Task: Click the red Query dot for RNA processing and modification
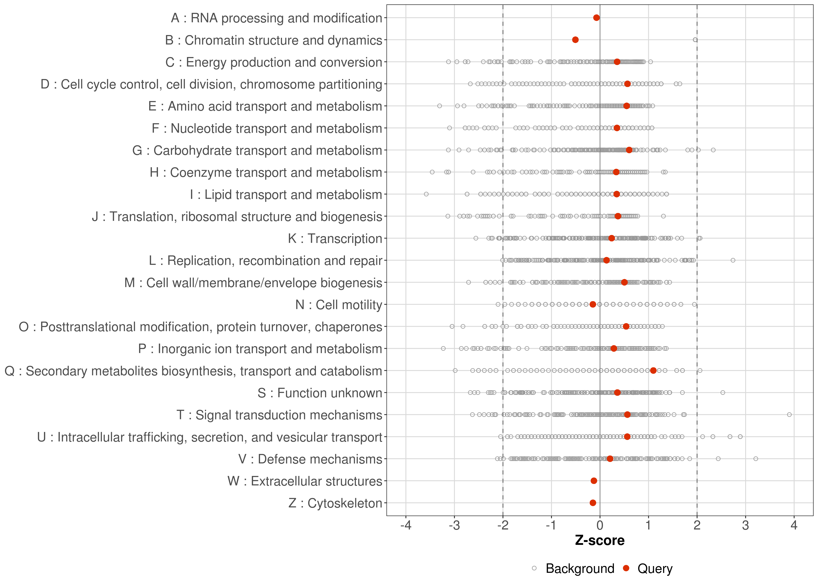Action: point(596,18)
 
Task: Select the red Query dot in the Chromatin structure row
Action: point(575,40)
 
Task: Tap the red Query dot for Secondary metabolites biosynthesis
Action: point(653,370)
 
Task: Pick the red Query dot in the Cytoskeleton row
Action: point(593,503)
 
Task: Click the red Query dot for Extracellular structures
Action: point(594,481)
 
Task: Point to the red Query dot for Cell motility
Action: point(593,304)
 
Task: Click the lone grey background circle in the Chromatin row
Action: point(695,40)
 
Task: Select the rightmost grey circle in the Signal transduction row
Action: point(789,415)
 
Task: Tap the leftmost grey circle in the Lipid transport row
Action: point(426,194)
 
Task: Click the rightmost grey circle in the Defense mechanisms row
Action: point(756,458)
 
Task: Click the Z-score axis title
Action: point(600,540)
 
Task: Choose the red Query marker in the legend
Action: point(626,568)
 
